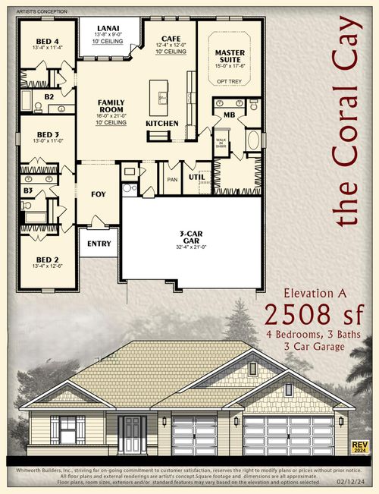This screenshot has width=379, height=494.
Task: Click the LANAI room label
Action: [108, 26]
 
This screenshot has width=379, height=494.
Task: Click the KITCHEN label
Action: [161, 123]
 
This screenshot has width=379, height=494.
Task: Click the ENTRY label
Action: [99, 244]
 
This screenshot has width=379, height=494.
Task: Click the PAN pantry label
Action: [171, 179]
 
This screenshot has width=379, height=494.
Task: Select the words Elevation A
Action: [313, 292]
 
